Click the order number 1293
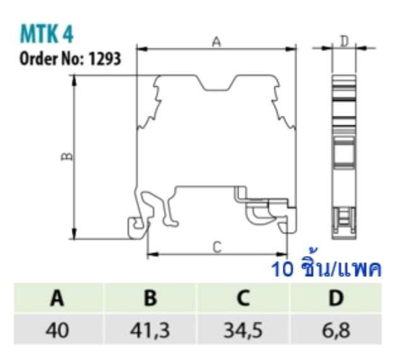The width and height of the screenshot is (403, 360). [105, 60]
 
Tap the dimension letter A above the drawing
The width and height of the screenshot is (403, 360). [216, 42]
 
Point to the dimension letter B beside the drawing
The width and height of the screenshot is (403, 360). [67, 156]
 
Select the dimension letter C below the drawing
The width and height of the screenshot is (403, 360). [217, 247]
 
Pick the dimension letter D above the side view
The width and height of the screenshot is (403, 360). [344, 42]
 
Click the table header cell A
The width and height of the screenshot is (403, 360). [58, 298]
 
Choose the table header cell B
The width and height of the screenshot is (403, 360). [150, 298]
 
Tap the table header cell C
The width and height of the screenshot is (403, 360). [242, 298]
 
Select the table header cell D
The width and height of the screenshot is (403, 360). [335, 298]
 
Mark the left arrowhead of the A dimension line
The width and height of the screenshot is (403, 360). [140, 48]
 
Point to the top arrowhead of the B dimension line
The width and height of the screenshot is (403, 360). [75, 79]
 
